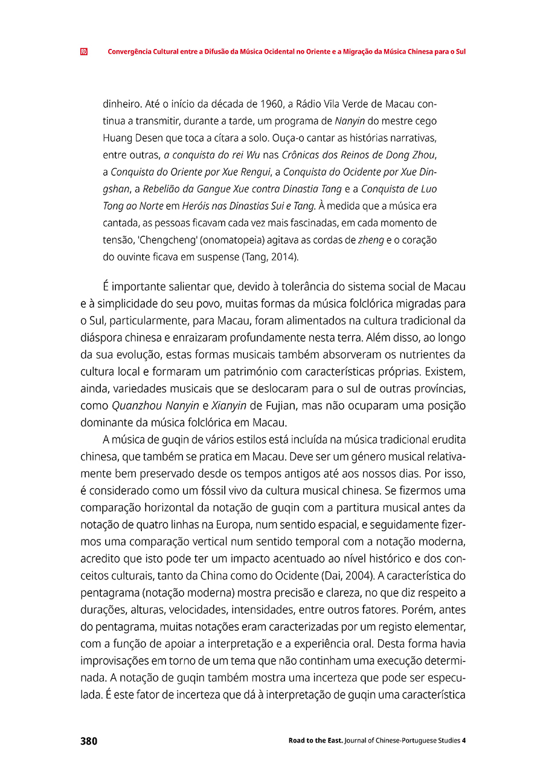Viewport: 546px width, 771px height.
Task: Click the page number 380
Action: coord(88,741)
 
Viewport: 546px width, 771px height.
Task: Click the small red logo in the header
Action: coord(83,51)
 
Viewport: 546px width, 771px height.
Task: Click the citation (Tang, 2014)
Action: coord(269,257)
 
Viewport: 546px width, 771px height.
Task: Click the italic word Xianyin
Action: coord(229,405)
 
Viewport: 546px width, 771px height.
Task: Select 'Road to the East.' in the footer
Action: coord(315,741)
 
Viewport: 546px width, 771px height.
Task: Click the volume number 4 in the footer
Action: coord(463,741)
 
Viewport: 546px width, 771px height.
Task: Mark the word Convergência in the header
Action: coord(130,51)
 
